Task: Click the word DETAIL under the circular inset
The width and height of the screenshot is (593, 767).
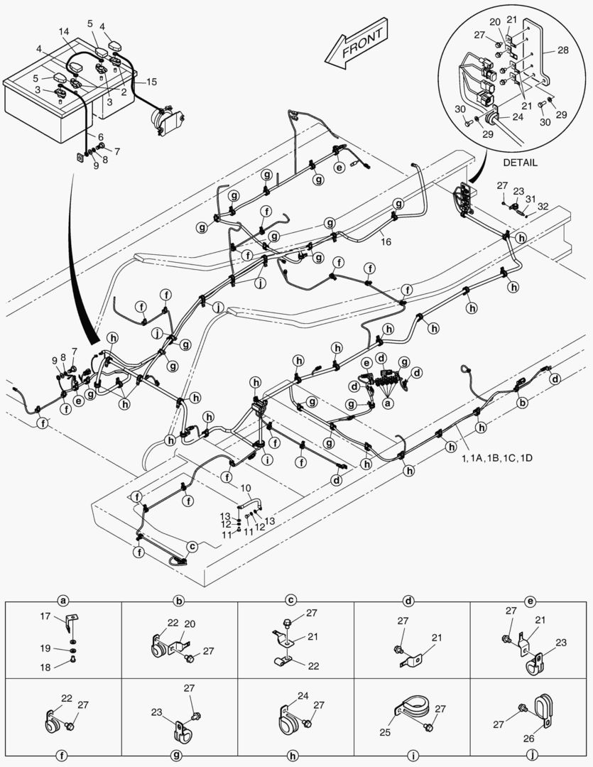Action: (x=520, y=163)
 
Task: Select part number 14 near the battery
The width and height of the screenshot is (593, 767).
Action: (x=64, y=33)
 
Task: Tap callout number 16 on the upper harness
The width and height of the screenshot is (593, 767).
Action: (x=386, y=242)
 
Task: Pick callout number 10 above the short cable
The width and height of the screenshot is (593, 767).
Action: (x=245, y=489)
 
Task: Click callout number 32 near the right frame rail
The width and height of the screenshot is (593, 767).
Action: (x=543, y=207)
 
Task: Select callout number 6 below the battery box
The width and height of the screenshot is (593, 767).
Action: (x=100, y=136)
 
